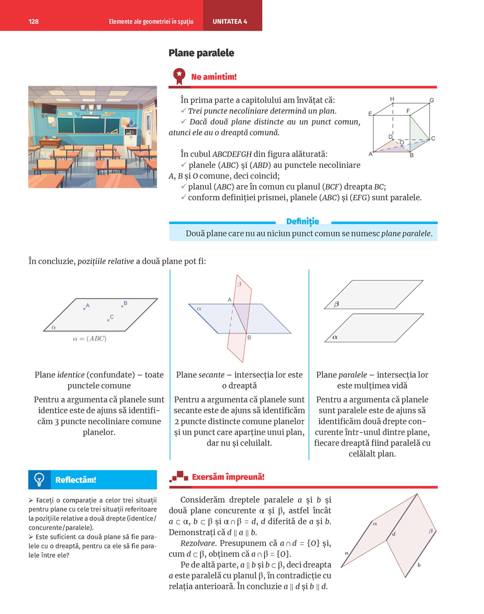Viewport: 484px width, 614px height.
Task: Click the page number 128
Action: pos(34,21)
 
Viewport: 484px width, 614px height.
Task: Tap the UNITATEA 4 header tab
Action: pos(230,21)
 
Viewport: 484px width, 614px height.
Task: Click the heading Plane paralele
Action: pos(201,53)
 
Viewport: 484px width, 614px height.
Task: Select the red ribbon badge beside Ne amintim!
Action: pos(179,76)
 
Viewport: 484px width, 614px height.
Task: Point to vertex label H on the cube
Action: pos(392,99)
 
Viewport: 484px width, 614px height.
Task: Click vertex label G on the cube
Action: pos(432,100)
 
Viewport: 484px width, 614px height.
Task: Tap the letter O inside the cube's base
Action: pos(402,142)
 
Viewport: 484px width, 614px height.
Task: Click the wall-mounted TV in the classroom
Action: pos(49,108)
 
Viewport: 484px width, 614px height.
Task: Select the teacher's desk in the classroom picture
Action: pos(50,142)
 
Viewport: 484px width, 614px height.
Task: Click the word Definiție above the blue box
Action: pos(302,221)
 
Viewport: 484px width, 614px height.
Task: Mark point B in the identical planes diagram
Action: pos(125,303)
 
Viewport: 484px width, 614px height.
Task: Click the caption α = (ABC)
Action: pos(90,339)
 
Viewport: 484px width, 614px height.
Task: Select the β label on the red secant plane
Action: pos(239,284)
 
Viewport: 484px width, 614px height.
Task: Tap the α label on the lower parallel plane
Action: pos(335,337)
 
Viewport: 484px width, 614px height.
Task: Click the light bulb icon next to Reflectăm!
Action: pos(40,480)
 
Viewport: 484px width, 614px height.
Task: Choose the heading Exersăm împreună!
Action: pos(228,477)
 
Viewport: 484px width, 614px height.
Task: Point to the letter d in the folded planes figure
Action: pos(394,534)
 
